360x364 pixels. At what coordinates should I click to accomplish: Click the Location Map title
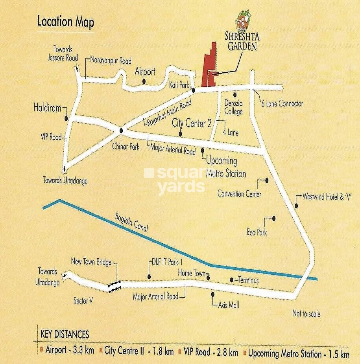[65, 22]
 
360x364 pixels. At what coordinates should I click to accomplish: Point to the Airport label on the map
[145, 72]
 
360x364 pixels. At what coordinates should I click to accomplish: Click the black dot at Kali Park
[194, 90]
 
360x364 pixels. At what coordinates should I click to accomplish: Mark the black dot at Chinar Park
[121, 131]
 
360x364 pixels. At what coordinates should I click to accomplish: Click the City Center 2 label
[192, 123]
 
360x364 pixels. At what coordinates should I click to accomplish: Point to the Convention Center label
[239, 194]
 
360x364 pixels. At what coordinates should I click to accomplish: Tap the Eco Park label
[257, 232]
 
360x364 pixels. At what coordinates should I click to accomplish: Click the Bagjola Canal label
[131, 224]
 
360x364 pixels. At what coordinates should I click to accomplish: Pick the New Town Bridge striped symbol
[114, 287]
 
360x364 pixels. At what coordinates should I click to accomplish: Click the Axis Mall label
[229, 305]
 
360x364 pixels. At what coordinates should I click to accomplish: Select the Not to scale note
[306, 314]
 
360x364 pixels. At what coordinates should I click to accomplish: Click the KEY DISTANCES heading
[65, 335]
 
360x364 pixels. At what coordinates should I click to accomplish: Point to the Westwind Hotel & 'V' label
[326, 197]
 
